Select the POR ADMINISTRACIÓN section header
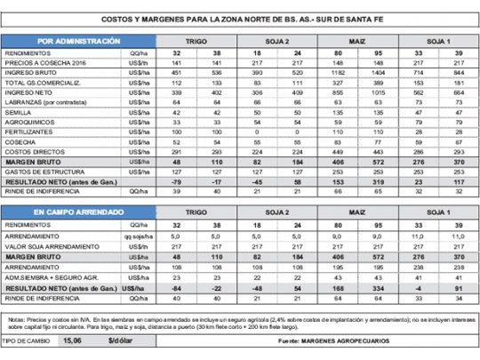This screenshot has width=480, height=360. [80, 42]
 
